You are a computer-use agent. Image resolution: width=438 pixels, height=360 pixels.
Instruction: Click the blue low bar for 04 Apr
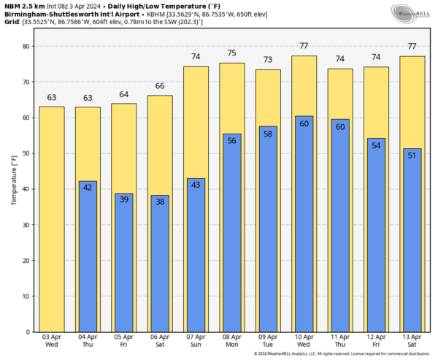coord(88,256)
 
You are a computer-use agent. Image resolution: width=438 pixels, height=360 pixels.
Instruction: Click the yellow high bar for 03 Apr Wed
coord(51,219)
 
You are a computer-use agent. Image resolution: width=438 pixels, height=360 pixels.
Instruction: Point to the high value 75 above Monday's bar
coord(232,53)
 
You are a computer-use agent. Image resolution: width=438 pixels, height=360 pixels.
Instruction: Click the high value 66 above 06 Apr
coord(160,86)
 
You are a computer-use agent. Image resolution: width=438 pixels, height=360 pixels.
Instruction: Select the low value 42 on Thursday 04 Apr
coord(88,188)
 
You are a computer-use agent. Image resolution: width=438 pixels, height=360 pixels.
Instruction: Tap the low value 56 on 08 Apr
coord(232,141)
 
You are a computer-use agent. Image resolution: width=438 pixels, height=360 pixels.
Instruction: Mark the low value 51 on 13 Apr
coord(412,155)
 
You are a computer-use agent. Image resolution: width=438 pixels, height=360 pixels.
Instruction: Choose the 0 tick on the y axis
coord(27,332)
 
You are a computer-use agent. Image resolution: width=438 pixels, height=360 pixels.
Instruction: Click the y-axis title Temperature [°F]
coord(12,180)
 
